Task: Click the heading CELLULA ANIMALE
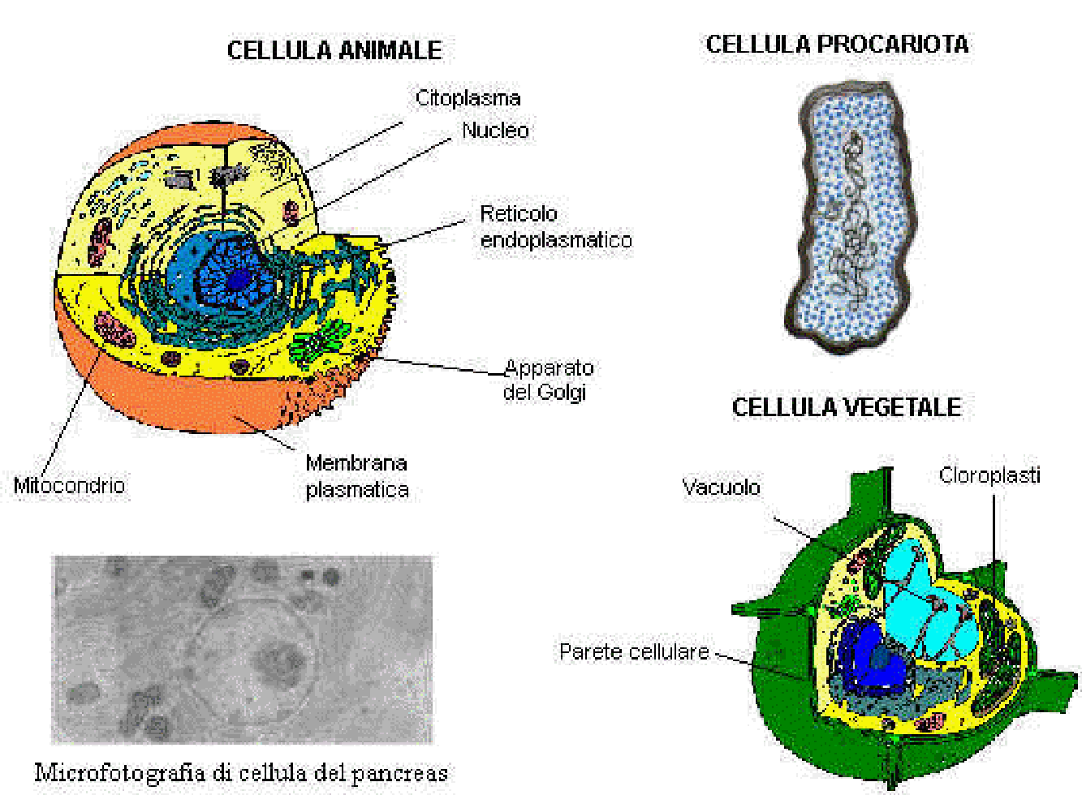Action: (x=334, y=50)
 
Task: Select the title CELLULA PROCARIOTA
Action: (x=837, y=45)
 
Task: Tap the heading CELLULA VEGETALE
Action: (x=847, y=407)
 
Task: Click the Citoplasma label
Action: (x=468, y=98)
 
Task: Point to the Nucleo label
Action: (x=495, y=130)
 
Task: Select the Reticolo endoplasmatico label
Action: (x=555, y=227)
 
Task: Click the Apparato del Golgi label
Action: (x=548, y=380)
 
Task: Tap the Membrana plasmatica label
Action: (x=356, y=476)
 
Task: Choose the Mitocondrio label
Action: (x=69, y=486)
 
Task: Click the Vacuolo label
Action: (x=721, y=488)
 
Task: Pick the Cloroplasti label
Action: (x=989, y=475)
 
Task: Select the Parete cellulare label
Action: (x=634, y=652)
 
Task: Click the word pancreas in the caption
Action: (x=399, y=772)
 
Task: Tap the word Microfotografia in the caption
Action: (x=119, y=772)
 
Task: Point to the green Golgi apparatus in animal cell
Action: (x=321, y=341)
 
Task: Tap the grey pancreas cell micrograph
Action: (x=242, y=649)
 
